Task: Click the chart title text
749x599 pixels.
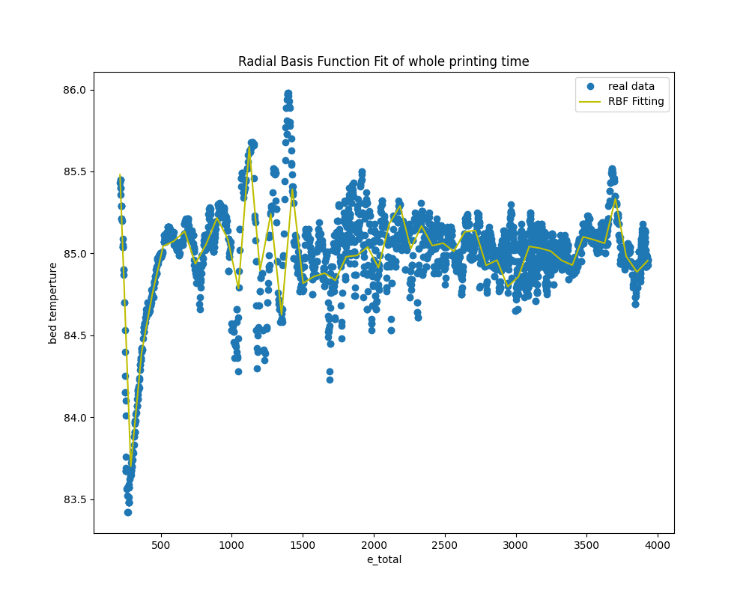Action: (383, 61)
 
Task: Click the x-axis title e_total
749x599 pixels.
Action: (383, 559)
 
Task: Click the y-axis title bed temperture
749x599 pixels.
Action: (53, 302)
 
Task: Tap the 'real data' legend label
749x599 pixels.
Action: (631, 86)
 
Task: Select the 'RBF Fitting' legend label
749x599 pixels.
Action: (636, 102)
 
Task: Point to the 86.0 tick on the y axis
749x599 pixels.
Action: (75, 90)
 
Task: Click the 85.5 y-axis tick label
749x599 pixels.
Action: (75, 171)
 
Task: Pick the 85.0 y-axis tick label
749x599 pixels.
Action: (75, 254)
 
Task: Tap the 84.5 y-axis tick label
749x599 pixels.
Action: (75, 335)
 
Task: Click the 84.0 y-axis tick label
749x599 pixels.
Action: (75, 417)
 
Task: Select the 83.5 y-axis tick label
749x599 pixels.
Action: (75, 499)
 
